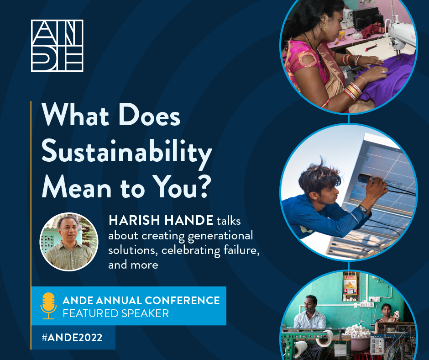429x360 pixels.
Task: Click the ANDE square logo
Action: (57, 46)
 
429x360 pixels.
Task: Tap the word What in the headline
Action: (75, 115)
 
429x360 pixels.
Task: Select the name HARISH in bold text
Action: (134, 220)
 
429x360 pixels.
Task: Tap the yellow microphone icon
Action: (48, 306)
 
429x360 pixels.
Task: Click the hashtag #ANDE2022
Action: (72, 338)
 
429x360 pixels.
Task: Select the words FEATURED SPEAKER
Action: (116, 313)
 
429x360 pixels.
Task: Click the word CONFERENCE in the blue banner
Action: (182, 301)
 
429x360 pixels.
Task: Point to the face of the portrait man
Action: (68, 232)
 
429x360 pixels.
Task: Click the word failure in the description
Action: (241, 250)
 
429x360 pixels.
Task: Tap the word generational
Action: (220, 236)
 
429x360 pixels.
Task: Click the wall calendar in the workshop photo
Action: (351, 284)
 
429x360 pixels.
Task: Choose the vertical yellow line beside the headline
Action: (31, 225)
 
